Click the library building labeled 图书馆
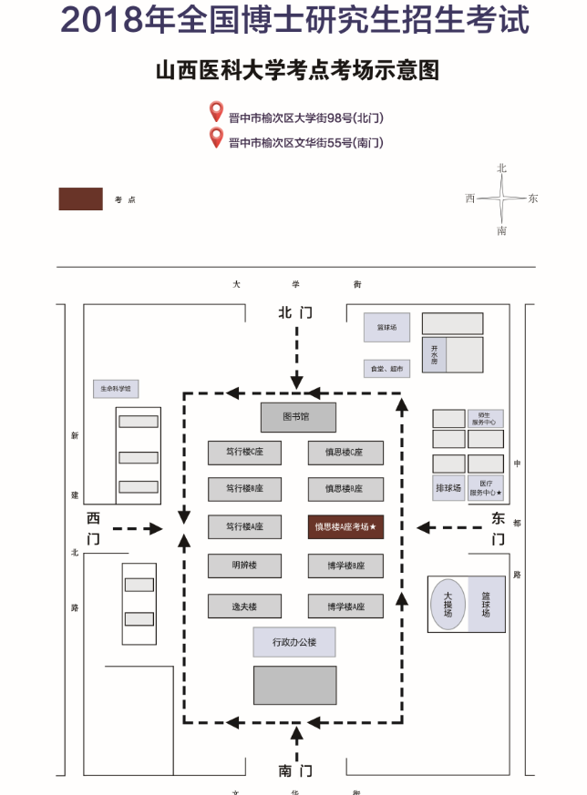[298, 417]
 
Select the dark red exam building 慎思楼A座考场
[345, 526]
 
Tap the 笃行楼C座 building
[244, 453]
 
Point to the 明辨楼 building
[244, 566]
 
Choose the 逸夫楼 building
[244, 606]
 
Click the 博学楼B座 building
[345, 566]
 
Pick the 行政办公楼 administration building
[294, 642]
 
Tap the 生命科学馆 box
[116, 389]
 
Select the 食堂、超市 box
[386, 369]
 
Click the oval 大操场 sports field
[448, 606]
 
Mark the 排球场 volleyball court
[448, 488]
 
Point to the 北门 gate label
[295, 312]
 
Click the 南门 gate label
[295, 770]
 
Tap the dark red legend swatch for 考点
[80, 199]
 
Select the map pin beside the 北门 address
[216, 112]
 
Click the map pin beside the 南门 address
[216, 138]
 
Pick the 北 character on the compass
[501, 168]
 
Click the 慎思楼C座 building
[345, 453]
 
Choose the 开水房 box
[435, 355]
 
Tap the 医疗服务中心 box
[485, 488]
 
